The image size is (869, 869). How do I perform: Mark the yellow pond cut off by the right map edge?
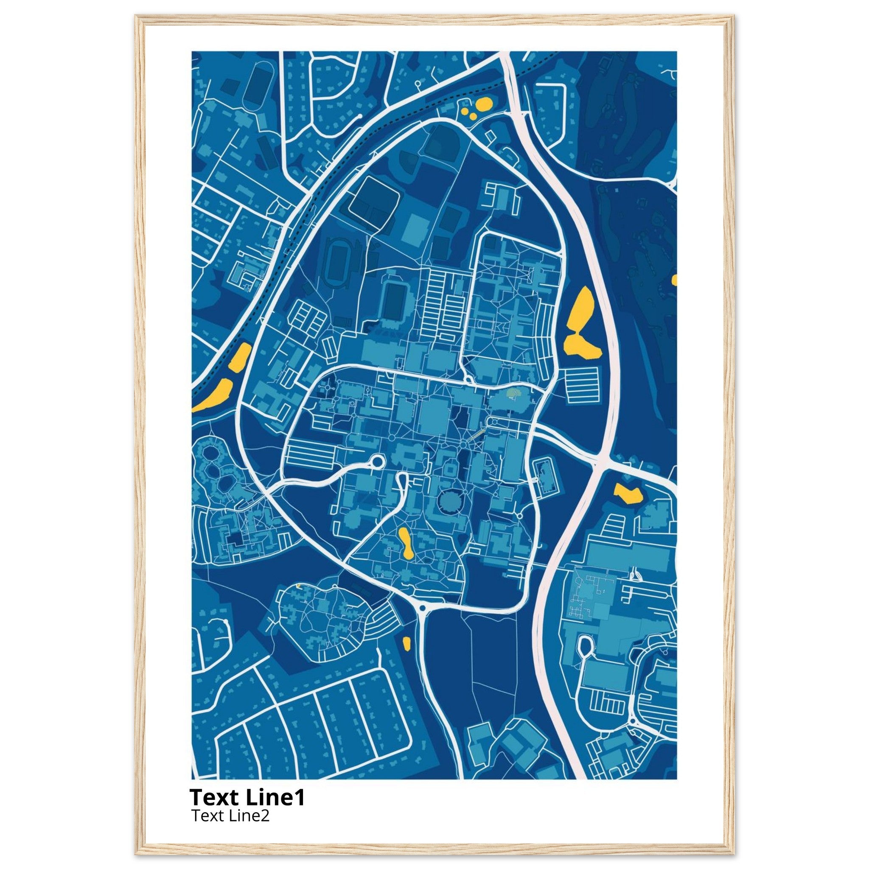674,280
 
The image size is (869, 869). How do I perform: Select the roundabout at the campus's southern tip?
422,608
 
